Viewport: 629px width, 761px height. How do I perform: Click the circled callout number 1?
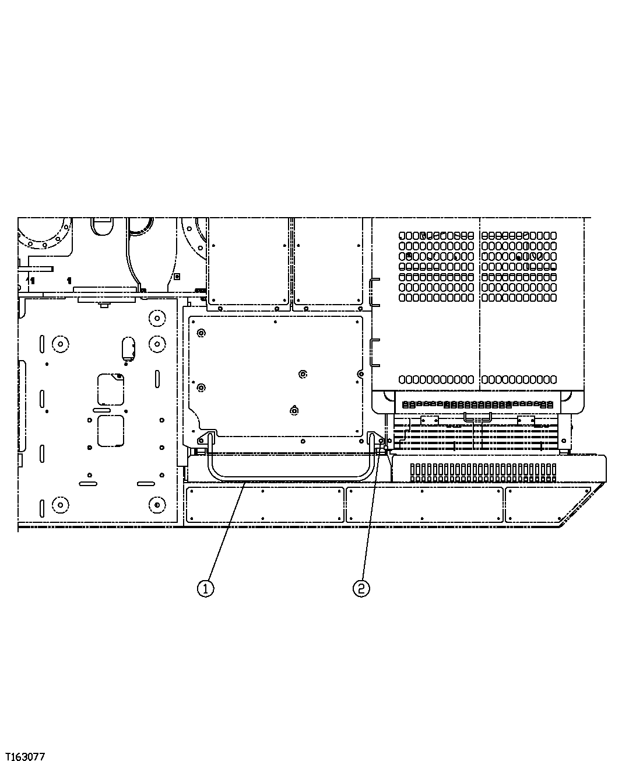pyautogui.click(x=205, y=588)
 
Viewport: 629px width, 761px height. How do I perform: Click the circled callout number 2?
pyautogui.click(x=361, y=588)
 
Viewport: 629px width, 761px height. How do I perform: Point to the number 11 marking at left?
pyautogui.click(x=31, y=281)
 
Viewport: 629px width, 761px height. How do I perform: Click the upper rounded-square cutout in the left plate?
pyautogui.click(x=111, y=389)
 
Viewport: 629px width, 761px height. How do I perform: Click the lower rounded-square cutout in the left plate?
pyautogui.click(x=111, y=431)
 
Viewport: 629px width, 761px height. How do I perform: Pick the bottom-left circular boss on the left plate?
pyautogui.click(x=58, y=503)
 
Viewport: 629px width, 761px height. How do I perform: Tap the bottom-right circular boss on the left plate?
pyautogui.click(x=156, y=503)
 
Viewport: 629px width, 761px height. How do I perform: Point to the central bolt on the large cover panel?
pyautogui.click(x=302, y=373)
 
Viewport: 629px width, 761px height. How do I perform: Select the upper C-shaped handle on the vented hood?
pyautogui.click(x=373, y=292)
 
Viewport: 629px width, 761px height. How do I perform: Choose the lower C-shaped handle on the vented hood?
pyautogui.click(x=373, y=352)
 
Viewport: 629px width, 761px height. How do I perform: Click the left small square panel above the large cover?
pyautogui.click(x=249, y=261)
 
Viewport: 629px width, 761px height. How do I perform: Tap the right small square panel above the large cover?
pyautogui.click(x=328, y=261)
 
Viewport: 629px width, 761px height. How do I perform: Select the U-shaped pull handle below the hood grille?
pyautogui.click(x=477, y=416)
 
